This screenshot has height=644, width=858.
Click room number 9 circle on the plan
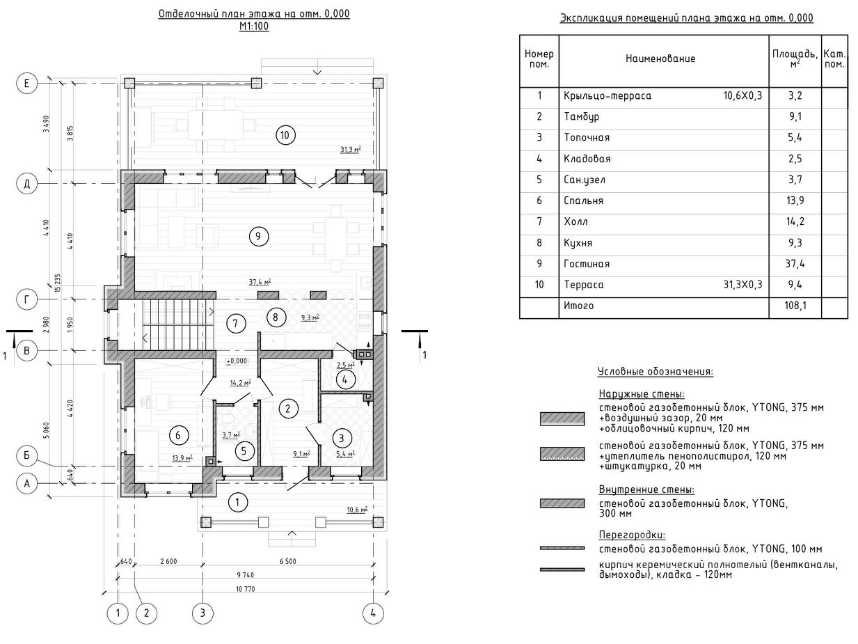[257, 237]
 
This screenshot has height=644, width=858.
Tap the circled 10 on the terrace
[283, 135]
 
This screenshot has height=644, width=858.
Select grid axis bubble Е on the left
[26, 84]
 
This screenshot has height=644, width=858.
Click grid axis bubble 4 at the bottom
[373, 613]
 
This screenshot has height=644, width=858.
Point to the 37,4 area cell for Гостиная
[795, 264]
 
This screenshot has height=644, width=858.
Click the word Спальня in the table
[583, 201]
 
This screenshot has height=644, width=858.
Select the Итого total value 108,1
[795, 306]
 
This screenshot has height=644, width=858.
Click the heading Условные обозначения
[655, 372]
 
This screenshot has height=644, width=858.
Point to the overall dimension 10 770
[246, 588]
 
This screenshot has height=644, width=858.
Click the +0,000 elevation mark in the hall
[237, 361]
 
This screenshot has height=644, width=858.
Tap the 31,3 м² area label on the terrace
[351, 149]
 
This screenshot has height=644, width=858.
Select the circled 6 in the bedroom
[178, 436]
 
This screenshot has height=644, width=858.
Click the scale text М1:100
[254, 26]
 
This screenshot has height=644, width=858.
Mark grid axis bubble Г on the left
[26, 299]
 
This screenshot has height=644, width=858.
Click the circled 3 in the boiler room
[341, 438]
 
